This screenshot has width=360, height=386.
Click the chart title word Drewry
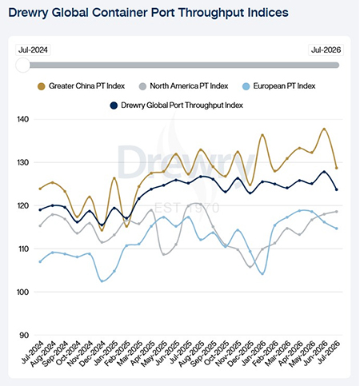point(28,13)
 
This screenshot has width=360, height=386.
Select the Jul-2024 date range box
point(33,50)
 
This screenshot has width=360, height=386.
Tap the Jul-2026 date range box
point(326,50)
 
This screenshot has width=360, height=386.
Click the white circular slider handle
point(23,65)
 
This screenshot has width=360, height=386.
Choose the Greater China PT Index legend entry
point(82,86)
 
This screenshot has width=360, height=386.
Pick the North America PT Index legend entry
point(184,86)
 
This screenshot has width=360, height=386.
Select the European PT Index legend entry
point(279,86)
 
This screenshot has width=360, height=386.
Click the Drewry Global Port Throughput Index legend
point(177,105)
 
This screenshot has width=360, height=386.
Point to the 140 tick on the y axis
point(23,119)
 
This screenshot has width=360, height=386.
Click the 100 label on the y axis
point(23,292)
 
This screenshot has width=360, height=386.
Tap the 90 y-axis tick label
point(24,335)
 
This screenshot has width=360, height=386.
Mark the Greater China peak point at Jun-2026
point(324,129)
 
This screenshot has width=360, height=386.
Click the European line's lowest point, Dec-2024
point(102,281)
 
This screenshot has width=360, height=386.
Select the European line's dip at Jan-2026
point(262,273)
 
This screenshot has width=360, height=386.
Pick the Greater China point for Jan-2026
point(262,135)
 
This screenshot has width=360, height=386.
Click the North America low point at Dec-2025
point(250,267)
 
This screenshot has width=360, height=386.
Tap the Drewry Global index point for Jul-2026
point(337,189)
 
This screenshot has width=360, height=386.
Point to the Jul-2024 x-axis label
point(33,352)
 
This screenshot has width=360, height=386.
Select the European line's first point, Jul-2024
point(40,261)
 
